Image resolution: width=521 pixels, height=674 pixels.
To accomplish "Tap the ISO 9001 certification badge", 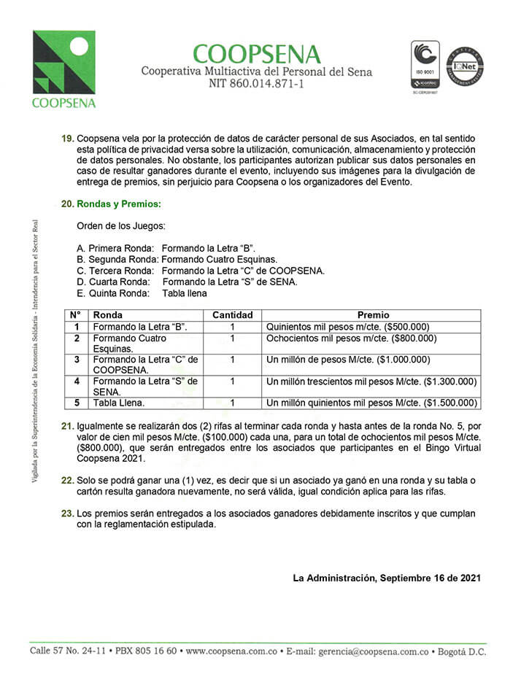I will click(426, 66).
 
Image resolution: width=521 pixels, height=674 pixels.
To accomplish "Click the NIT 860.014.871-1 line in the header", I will click(256, 85).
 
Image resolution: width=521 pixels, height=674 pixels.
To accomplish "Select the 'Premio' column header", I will click(373, 315).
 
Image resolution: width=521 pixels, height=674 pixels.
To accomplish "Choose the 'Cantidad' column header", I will click(232, 315).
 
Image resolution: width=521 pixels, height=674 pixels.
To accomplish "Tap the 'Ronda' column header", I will click(108, 315).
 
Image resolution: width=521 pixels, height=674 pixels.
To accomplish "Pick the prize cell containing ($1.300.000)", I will click(371, 381).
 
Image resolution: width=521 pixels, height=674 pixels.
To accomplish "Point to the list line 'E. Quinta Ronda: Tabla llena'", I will click(142, 294).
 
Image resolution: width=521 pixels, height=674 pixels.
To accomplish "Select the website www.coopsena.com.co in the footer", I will click(229, 651).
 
